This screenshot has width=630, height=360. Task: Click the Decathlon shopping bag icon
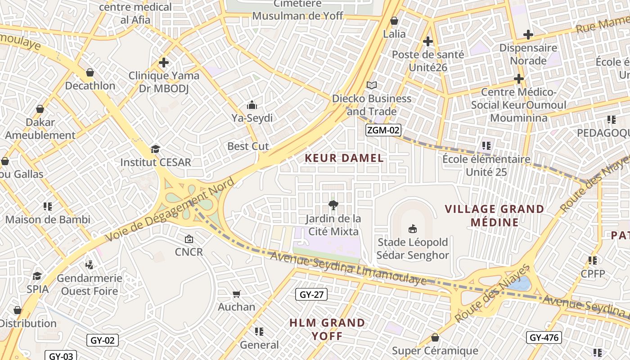tap(90, 72)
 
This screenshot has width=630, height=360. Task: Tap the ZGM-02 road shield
tap(382, 130)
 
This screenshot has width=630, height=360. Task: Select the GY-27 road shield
tap(311, 295)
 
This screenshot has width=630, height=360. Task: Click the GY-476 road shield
tap(544, 337)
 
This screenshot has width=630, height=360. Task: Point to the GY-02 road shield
tap(103, 340)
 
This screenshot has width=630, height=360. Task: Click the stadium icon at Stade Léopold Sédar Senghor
tap(412, 229)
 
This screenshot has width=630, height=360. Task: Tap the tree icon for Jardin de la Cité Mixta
tap(333, 206)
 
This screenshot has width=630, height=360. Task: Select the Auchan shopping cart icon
tap(237, 294)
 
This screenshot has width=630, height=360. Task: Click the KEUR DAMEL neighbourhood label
tap(344, 158)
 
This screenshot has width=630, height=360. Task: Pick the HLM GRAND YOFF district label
tap(327, 329)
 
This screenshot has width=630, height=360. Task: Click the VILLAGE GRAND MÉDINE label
tap(495, 216)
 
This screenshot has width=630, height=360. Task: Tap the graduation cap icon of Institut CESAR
tap(155, 149)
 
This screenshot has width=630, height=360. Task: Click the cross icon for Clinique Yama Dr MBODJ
tap(164, 63)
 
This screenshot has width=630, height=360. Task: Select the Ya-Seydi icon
tap(252, 105)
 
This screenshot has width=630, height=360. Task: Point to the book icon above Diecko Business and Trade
tap(372, 85)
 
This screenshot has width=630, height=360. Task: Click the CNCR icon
tap(189, 239)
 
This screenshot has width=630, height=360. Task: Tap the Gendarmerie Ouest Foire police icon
tap(89, 265)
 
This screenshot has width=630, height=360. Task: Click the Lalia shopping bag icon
tap(394, 21)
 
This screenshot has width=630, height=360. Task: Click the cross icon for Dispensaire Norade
tap(528, 35)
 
